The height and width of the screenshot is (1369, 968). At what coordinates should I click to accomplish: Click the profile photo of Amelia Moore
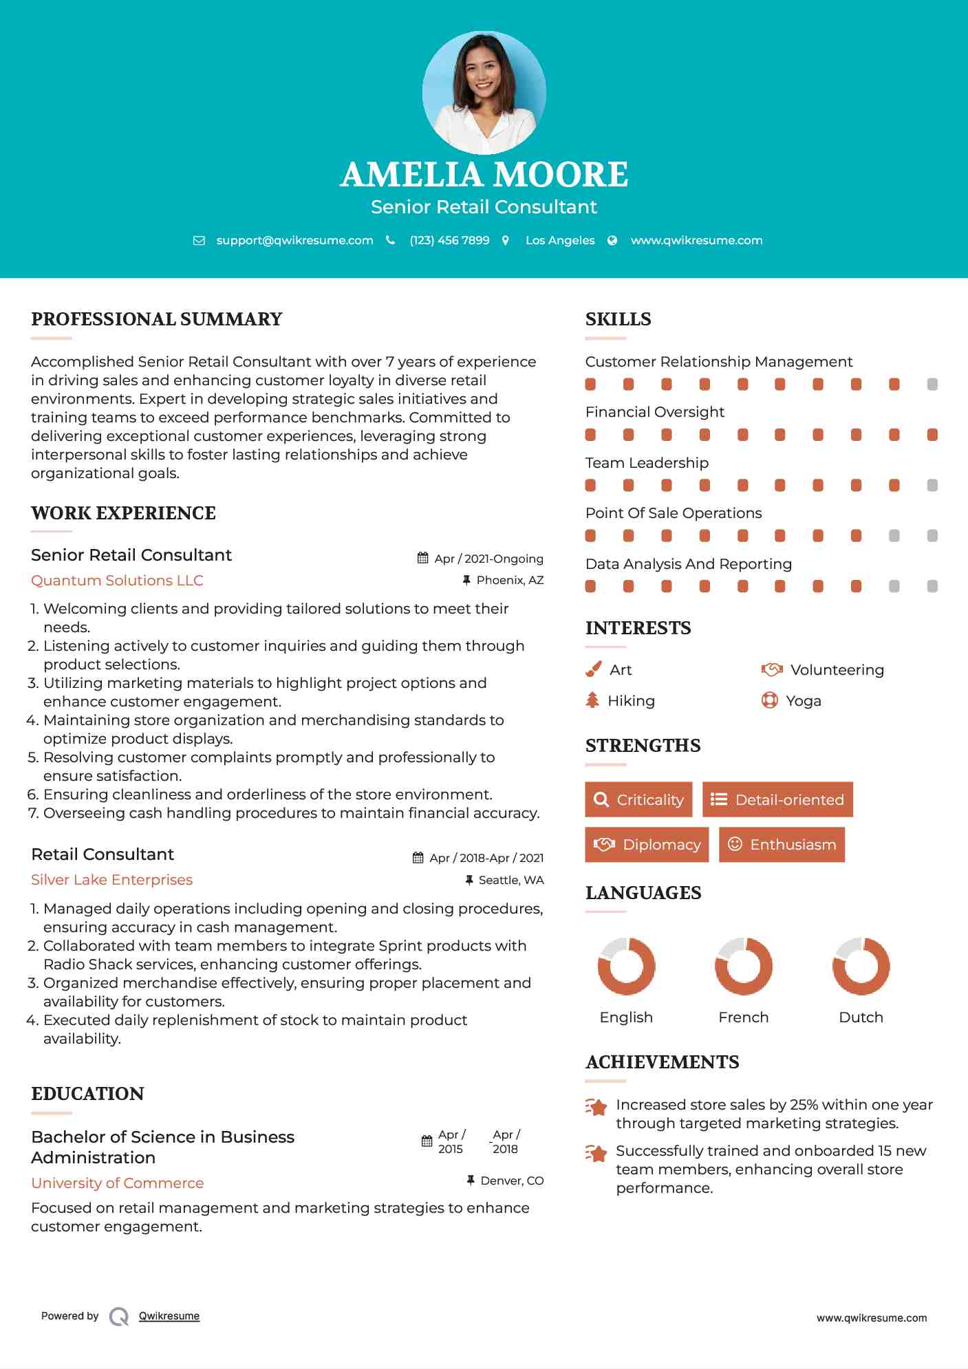click(484, 92)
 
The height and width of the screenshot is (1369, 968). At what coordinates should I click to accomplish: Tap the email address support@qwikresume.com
click(294, 240)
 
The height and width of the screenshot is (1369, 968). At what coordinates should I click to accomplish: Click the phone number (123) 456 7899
click(449, 240)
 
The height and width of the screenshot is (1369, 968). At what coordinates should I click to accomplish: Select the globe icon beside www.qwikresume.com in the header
click(612, 240)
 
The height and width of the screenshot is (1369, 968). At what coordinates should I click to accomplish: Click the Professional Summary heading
click(157, 319)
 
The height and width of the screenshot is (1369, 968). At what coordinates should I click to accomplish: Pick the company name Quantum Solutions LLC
click(117, 580)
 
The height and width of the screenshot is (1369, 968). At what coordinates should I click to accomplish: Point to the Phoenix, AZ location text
click(510, 580)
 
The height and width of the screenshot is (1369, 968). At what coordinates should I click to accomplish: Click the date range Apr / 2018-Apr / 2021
click(486, 858)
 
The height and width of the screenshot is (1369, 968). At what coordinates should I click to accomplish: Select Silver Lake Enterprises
click(111, 879)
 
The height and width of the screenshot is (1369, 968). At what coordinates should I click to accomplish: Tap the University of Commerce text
click(117, 1183)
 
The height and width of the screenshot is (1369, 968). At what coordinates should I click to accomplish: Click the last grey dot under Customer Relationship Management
click(932, 384)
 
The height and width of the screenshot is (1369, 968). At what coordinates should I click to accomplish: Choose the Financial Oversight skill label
click(654, 411)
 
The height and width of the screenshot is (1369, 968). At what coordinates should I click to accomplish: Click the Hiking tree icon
click(592, 700)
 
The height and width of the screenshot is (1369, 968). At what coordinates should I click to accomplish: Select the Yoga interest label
click(803, 700)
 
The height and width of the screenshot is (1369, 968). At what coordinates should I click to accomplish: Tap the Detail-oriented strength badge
click(777, 799)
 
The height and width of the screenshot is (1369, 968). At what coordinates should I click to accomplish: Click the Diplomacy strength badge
click(647, 844)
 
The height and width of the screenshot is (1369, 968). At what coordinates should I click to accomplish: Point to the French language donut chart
click(743, 966)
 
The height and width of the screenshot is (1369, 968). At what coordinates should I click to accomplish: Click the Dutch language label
click(861, 1017)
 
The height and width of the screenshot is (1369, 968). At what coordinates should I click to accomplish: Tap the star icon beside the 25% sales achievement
click(596, 1107)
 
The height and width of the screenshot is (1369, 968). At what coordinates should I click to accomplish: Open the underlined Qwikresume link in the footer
click(169, 1315)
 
